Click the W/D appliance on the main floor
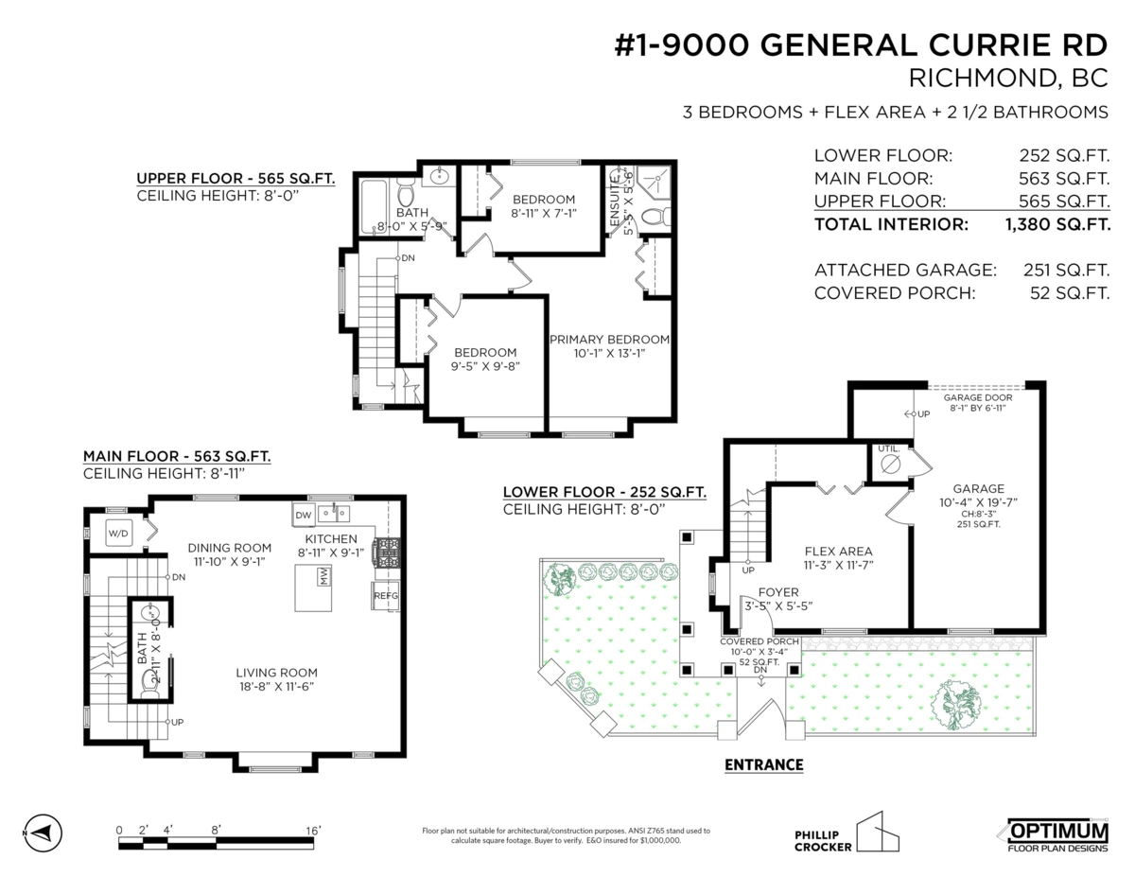point(118,533)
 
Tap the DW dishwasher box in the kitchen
point(303,515)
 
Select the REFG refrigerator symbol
point(386,595)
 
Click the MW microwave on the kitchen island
point(323,576)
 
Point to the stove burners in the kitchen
point(387,553)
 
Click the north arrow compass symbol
point(44,833)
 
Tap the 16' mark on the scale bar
point(313,831)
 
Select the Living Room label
point(276,673)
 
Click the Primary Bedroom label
point(609,340)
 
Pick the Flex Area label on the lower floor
point(838,551)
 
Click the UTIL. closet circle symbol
point(890,465)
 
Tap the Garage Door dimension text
point(977,403)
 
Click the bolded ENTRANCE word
point(763,764)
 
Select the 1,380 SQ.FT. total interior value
point(1057,224)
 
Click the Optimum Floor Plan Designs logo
point(1056,835)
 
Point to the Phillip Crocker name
point(823,841)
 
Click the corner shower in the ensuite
point(654,183)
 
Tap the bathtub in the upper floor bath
point(374,206)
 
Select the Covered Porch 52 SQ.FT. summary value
point(1069,293)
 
